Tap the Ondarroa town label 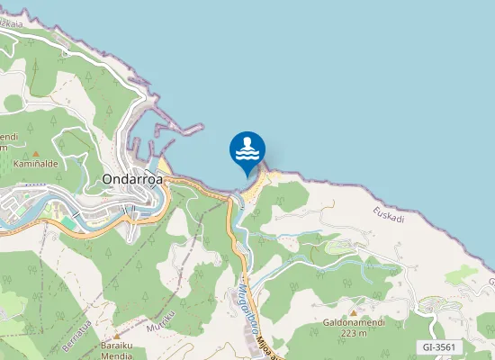(131, 178)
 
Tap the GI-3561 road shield (441, 346)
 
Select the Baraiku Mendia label (117, 349)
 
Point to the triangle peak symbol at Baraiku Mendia (116, 335)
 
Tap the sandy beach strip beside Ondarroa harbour (165, 166)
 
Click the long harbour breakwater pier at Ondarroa (176, 130)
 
